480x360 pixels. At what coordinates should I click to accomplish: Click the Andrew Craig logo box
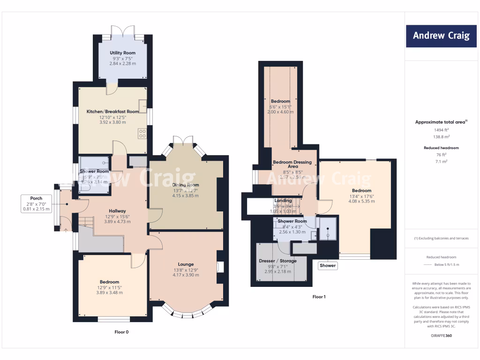pyautogui.click(x=441, y=36)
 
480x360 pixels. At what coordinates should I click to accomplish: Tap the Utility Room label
pyautogui.click(x=122, y=53)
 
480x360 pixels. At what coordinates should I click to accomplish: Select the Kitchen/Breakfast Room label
pyautogui.click(x=112, y=112)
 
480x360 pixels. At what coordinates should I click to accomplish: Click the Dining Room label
pyautogui.click(x=186, y=185)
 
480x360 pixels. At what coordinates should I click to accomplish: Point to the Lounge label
pyautogui.click(x=186, y=264)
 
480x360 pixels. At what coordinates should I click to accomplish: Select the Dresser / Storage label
pyautogui.click(x=277, y=261)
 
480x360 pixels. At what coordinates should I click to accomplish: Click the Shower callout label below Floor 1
pyautogui.click(x=328, y=265)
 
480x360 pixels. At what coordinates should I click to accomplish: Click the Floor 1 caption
pyautogui.click(x=319, y=297)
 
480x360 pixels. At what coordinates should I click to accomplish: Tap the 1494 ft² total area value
pyautogui.click(x=441, y=130)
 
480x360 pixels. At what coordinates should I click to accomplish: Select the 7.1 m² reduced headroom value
pyautogui.click(x=441, y=161)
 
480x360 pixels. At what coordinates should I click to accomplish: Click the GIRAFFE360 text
pyautogui.click(x=441, y=336)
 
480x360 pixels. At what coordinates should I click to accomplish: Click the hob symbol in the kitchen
pyautogui.click(x=142, y=133)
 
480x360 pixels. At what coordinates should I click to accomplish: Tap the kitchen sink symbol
pyautogui.click(x=142, y=104)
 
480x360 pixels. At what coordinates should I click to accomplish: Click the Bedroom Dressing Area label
pyautogui.click(x=292, y=164)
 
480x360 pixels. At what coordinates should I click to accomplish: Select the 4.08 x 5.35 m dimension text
pyautogui.click(x=361, y=201)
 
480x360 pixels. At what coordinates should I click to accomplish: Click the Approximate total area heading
pyautogui.click(x=440, y=122)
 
